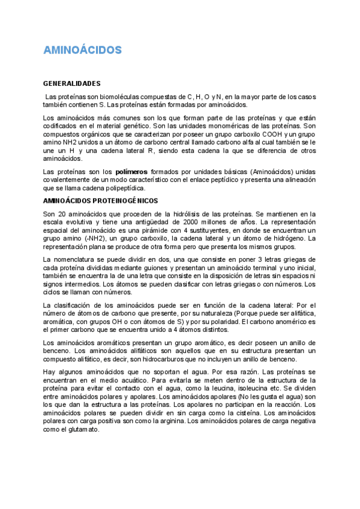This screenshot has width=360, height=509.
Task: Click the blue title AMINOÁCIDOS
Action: click(82, 50)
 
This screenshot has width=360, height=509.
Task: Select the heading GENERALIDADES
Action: click(71, 83)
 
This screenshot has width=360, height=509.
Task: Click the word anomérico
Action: click(288, 322)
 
